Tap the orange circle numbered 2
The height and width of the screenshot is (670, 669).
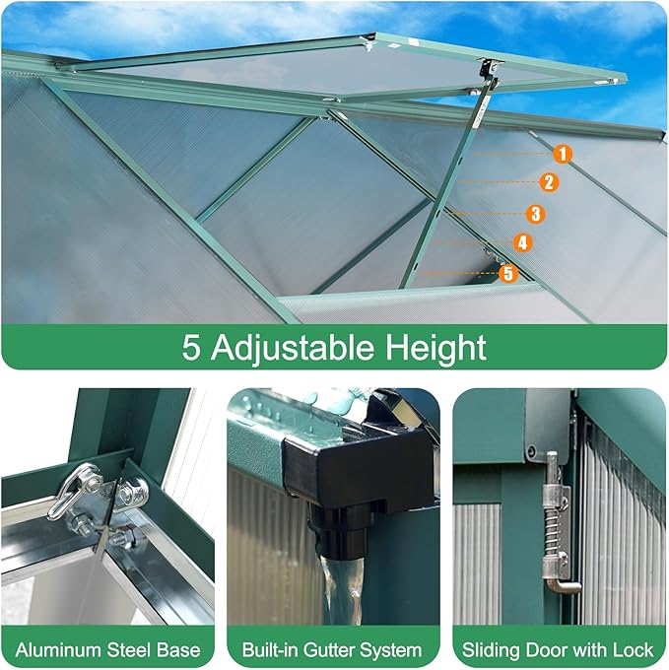coord(549,181)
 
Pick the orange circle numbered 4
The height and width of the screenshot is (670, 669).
coord(522,242)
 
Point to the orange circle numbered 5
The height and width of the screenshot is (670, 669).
coord(507,273)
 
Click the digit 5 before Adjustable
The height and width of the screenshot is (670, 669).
coord(191,347)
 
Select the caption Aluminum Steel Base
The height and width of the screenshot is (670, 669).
coord(108,649)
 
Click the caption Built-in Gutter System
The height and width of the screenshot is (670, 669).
coord(332,649)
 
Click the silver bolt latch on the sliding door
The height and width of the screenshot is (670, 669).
coord(557,522)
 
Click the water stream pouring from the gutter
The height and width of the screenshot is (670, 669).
coord(340,586)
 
